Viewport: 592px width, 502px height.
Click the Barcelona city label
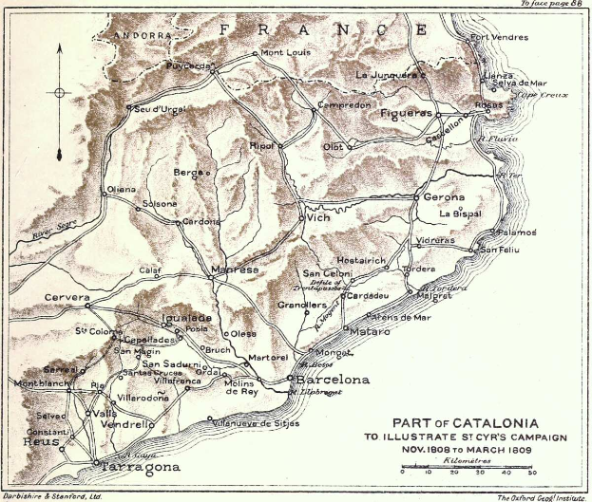tap(334, 380)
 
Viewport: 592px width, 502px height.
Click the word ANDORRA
tap(131, 35)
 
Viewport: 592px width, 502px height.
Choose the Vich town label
tap(318, 217)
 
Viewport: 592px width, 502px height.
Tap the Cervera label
tap(67, 298)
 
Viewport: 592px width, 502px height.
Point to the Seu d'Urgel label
tap(159, 107)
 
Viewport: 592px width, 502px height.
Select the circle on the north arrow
tap(59, 93)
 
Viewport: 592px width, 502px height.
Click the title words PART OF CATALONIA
tap(467, 422)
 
